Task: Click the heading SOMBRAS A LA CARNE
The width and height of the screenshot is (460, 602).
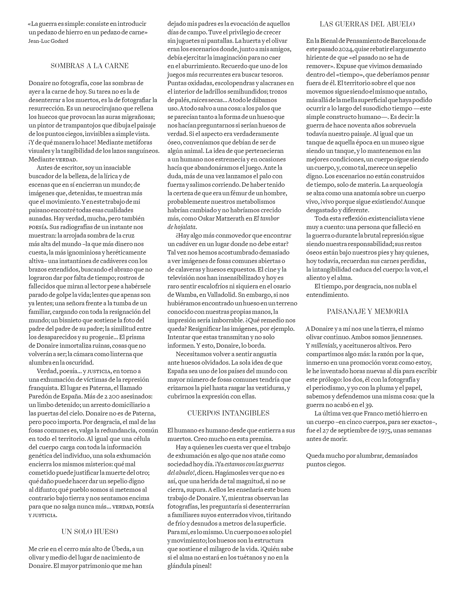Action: pyautogui.click(x=90, y=66)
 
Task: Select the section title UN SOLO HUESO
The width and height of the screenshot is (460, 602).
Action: pyautogui.click(x=90, y=532)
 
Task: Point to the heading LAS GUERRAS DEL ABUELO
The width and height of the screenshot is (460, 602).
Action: pyautogui.click(x=367, y=24)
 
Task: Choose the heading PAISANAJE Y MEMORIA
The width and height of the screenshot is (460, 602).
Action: pyautogui.click(x=368, y=312)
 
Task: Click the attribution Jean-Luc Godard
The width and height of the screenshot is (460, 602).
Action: pyautogui.click(x=48, y=41)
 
